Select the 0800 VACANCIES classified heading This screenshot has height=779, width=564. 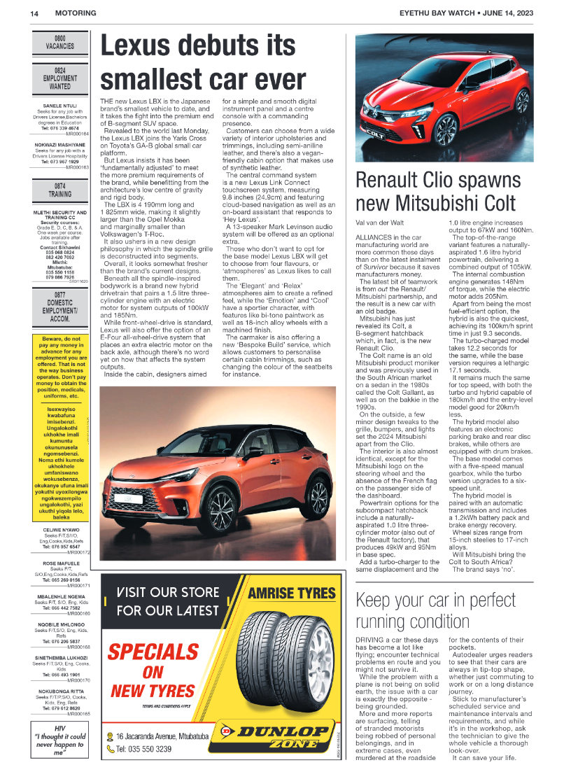point(59,41)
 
